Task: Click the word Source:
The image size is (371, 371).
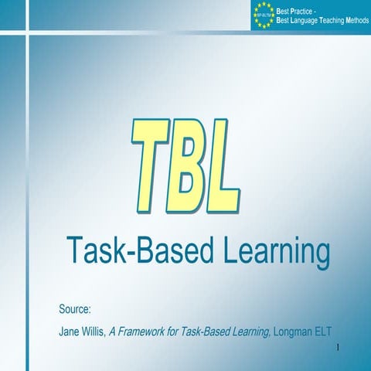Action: point(75,310)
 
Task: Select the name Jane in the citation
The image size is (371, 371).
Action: point(70,332)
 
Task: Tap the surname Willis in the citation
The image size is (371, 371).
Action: point(94,332)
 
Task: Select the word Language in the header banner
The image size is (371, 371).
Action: point(303,19)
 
